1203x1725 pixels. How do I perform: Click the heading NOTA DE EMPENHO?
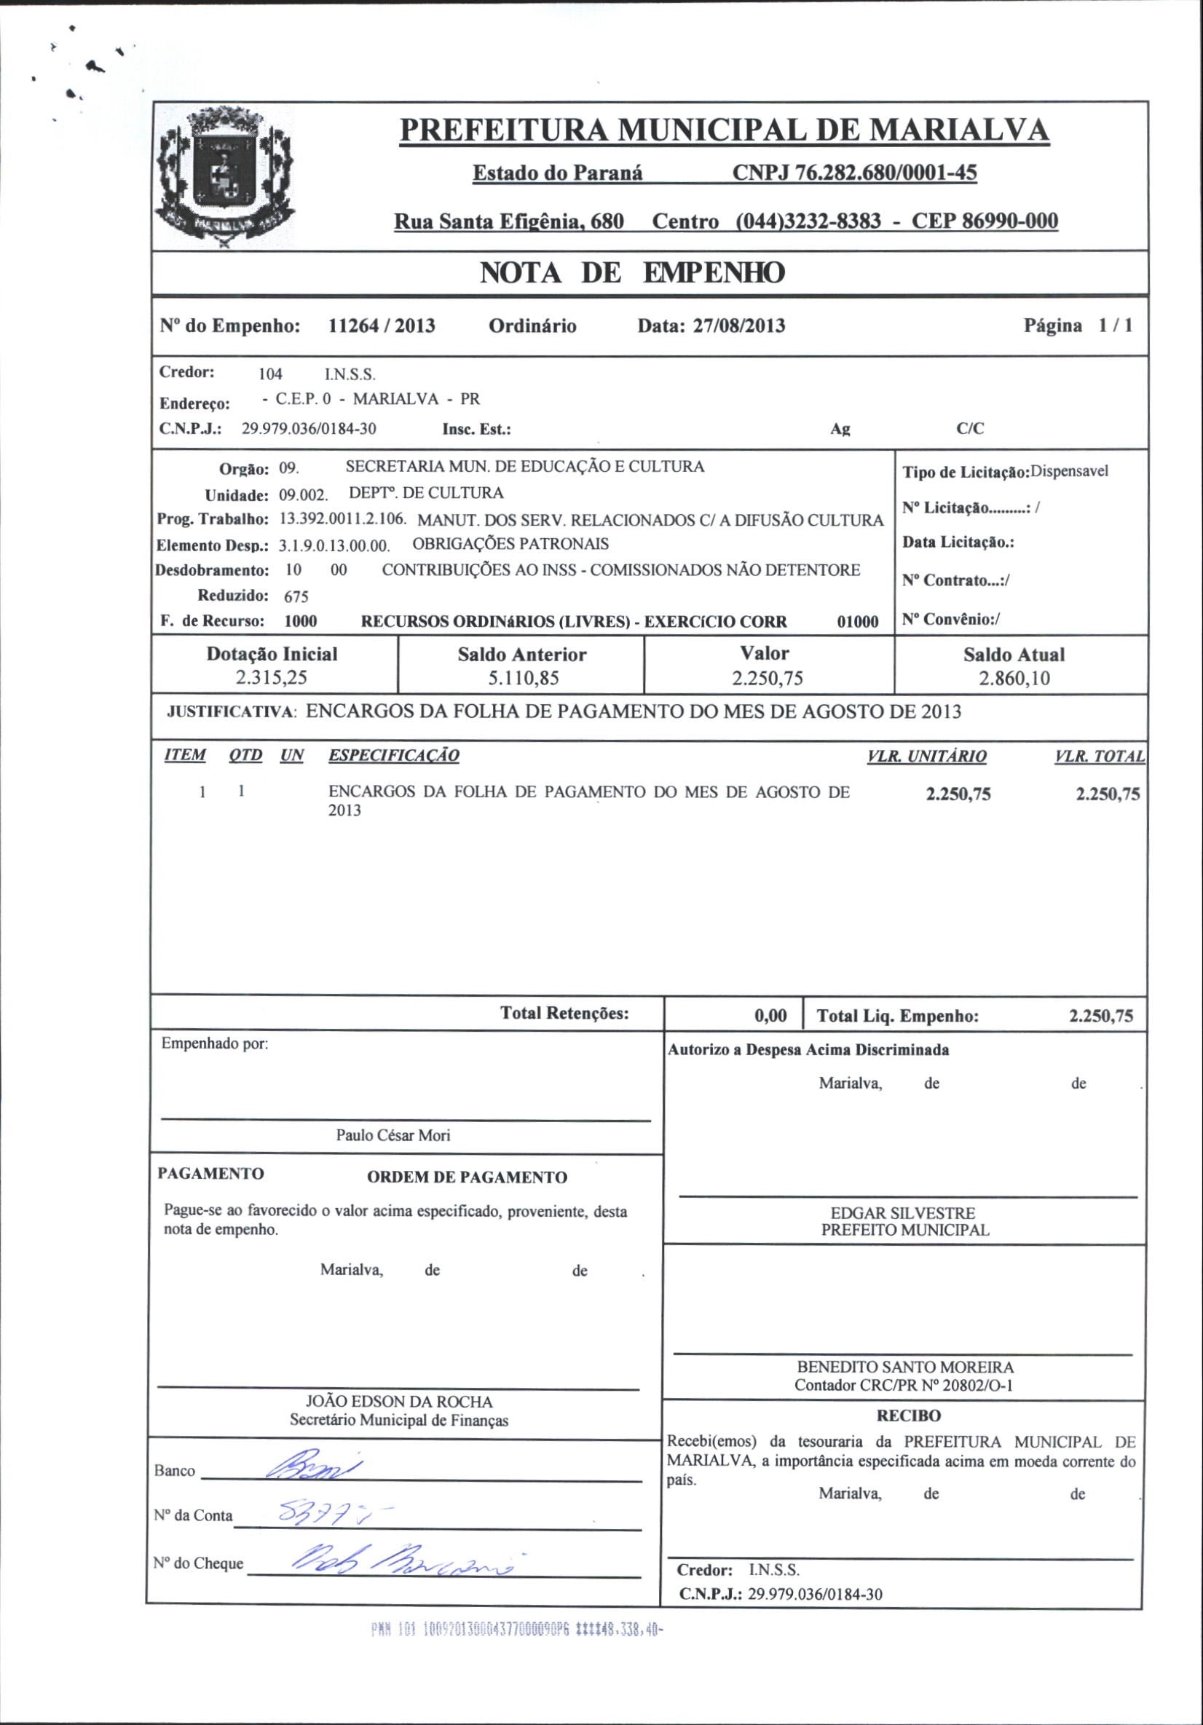[x=632, y=273]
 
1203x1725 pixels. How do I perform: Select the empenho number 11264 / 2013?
[x=382, y=326]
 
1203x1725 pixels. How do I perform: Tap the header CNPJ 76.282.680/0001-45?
[x=854, y=173]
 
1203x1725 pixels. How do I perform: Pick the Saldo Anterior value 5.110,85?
[x=523, y=679]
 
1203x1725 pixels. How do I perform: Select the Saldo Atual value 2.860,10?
[x=1014, y=679]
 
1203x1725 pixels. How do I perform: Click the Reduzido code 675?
[x=296, y=596]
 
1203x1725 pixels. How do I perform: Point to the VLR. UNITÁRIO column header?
[x=926, y=756]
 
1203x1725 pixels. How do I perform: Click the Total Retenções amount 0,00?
[x=770, y=1017]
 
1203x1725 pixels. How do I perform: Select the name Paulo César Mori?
[x=393, y=1135]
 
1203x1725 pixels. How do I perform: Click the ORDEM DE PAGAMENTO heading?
[x=467, y=1177]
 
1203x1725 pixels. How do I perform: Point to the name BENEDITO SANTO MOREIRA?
[x=904, y=1367]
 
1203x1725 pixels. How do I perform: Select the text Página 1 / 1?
[x=1078, y=326]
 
